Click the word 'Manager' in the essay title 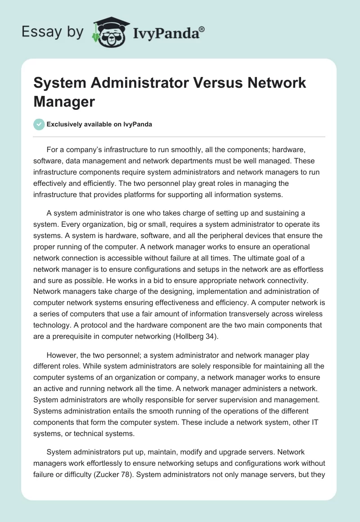(x=64, y=101)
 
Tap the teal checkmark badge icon (x=39, y=124)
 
